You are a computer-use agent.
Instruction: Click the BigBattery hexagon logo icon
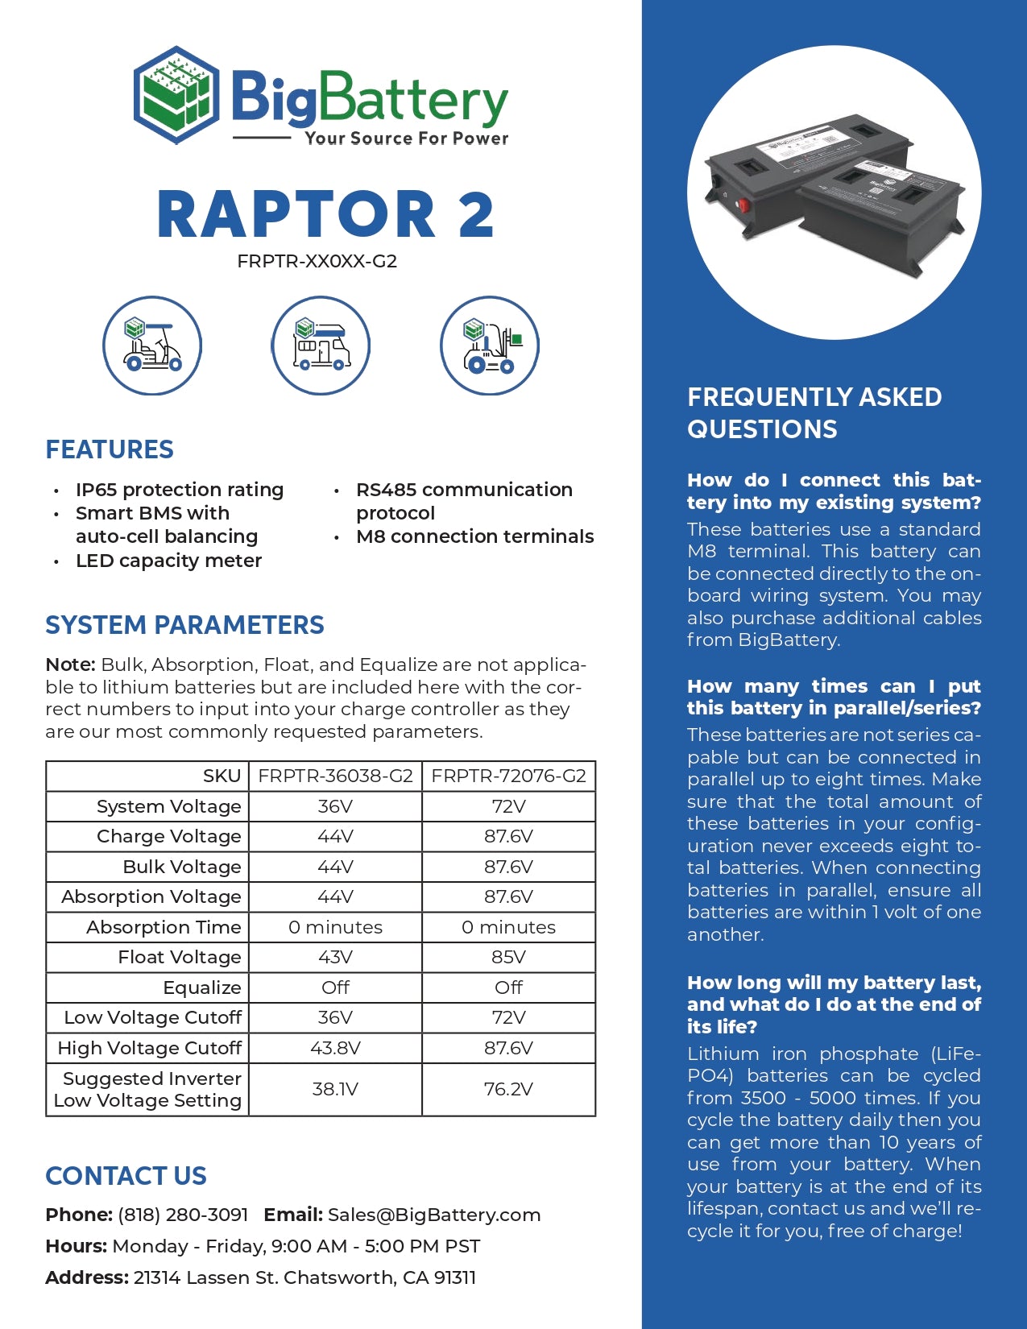[176, 95]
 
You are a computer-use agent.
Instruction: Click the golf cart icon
[152, 346]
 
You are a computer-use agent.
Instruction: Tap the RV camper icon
[321, 346]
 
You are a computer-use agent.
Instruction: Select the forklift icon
[489, 346]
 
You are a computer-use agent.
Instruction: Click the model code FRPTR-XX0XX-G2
[317, 262]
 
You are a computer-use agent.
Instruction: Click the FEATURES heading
[110, 449]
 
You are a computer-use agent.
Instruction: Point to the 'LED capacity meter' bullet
[168, 561]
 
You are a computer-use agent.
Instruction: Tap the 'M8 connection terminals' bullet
[474, 536]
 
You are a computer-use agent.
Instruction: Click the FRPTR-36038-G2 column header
[335, 776]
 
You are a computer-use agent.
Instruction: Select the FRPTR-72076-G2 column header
[508, 776]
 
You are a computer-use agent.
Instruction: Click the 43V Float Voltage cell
[335, 957]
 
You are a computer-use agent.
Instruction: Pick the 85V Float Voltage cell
[508, 957]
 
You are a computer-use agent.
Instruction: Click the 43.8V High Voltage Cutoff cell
[335, 1048]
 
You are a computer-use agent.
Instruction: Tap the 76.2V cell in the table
[508, 1089]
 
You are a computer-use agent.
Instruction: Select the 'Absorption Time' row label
[164, 927]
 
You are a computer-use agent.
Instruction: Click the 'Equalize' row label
[201, 987]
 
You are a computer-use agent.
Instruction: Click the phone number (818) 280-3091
[183, 1215]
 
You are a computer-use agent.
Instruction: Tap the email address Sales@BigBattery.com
[434, 1215]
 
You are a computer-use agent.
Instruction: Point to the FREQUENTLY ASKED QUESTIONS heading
[814, 412]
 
